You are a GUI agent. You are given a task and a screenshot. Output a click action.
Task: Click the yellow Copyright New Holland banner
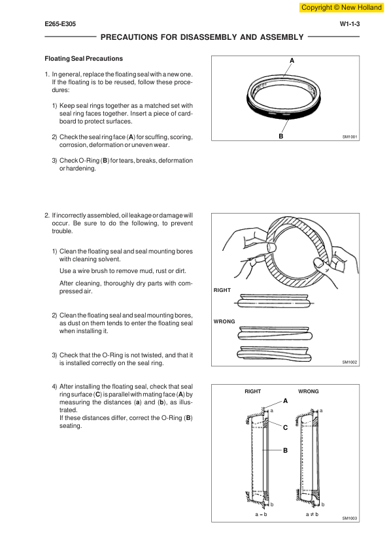[341, 7]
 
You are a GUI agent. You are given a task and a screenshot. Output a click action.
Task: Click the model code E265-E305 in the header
[60, 24]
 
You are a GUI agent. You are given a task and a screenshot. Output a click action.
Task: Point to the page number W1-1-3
[350, 24]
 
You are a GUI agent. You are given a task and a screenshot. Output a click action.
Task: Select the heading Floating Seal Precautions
[84, 59]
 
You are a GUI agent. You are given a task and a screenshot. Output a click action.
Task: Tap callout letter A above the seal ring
[292, 61]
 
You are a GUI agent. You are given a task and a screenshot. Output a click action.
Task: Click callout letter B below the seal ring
[281, 136]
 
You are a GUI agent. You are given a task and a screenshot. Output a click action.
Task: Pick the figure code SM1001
[350, 137]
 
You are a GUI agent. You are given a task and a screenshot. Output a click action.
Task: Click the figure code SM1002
[350, 362]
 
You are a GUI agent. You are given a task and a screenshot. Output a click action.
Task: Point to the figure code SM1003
[350, 518]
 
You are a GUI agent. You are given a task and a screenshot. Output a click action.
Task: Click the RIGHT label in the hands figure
[222, 290]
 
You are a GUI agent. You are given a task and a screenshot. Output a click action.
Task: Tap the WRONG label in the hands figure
[224, 321]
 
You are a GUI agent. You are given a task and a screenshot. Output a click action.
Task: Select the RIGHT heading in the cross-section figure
[253, 391]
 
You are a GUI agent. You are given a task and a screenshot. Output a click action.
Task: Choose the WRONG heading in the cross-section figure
[309, 391]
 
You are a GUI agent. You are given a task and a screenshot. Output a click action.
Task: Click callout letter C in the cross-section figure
[286, 428]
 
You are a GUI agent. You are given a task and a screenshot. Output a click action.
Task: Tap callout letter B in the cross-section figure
[286, 450]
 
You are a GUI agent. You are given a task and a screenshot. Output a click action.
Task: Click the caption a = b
[262, 514]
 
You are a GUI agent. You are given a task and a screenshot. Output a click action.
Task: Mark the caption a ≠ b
[312, 514]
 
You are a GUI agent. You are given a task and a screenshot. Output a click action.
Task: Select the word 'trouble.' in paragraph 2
[63, 231]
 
